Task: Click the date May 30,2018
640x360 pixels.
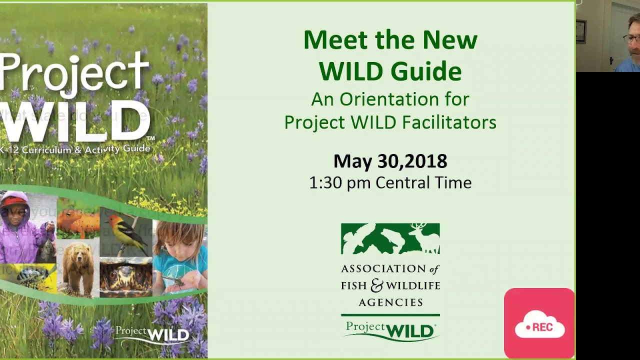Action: tap(390, 161)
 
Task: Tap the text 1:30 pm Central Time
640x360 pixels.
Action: tap(390, 182)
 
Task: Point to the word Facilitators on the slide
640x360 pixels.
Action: tap(449, 122)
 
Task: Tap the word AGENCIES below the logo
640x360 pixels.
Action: tap(390, 302)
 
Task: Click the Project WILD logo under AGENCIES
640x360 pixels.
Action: tap(390, 330)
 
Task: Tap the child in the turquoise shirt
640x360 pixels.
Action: tap(180, 255)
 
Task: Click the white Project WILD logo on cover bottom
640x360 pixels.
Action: tap(152, 333)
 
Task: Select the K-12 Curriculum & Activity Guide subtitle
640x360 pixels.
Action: tap(75, 148)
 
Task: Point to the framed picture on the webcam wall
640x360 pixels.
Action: tap(580, 31)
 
